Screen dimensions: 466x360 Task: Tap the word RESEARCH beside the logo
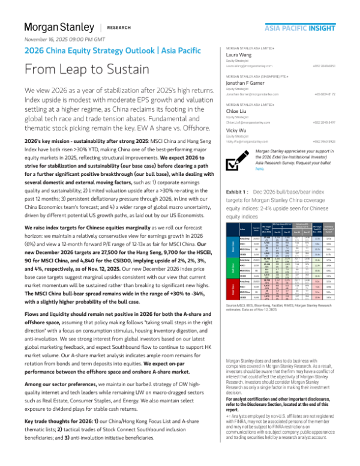tap(119, 28)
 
